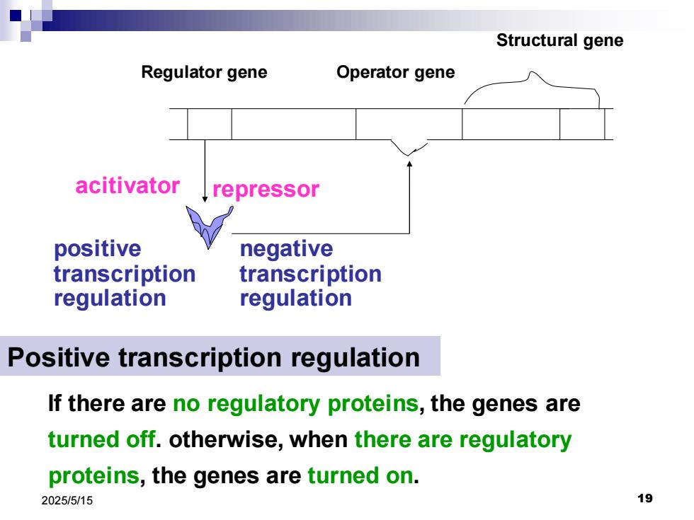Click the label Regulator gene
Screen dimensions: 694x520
pos(204,72)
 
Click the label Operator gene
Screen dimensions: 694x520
pos(396,72)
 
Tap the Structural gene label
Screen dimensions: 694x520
pos(560,41)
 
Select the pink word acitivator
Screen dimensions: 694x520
pos(127,185)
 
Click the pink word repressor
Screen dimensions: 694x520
pos(266,190)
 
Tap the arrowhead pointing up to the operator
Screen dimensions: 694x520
pos(409,164)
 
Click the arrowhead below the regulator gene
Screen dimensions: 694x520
pos(205,199)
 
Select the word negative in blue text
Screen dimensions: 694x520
pos(286,249)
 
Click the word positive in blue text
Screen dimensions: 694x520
pos(98,249)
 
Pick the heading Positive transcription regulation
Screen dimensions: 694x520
pos(214,357)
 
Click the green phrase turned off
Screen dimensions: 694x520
pos(102,439)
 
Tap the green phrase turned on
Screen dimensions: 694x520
pos(360,475)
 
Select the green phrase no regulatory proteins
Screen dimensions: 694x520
pos(296,404)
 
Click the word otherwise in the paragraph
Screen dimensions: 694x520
pos(226,439)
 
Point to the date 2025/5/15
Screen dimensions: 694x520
pos(67,501)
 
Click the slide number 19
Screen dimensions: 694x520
pos(645,498)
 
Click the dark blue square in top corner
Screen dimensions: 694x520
pos(16,16)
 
